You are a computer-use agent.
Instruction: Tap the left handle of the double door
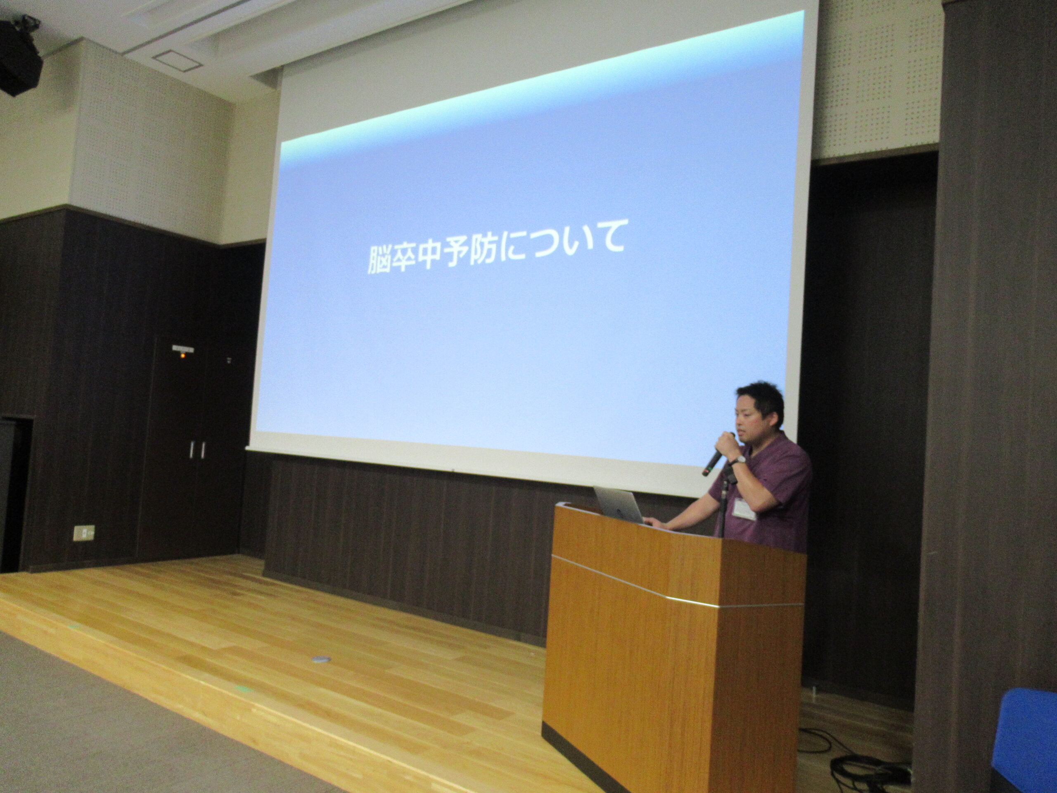(x=192, y=449)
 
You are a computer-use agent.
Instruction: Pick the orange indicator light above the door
(x=182, y=355)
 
